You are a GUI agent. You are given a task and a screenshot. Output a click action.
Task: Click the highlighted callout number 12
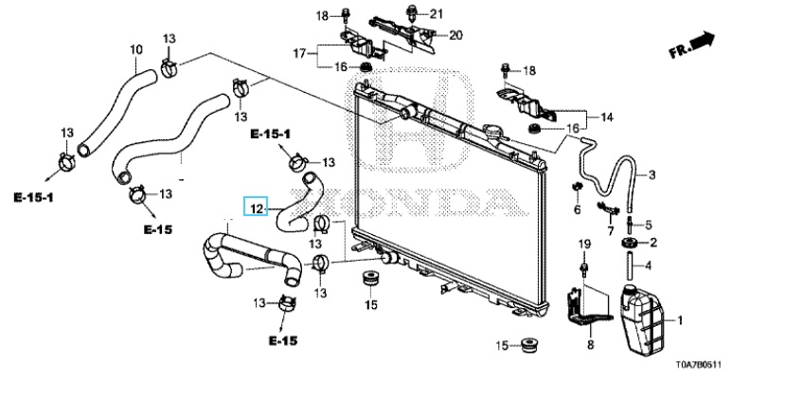click(x=256, y=206)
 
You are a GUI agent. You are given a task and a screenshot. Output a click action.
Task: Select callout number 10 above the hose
click(x=136, y=49)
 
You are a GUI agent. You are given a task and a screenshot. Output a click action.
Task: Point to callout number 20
click(x=455, y=35)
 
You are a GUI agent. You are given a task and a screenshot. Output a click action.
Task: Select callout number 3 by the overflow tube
click(x=651, y=175)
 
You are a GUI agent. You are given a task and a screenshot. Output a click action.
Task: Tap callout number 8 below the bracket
click(x=589, y=346)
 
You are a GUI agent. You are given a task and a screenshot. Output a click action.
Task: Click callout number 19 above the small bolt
click(x=584, y=245)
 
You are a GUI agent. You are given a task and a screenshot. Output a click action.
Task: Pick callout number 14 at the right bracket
click(x=608, y=117)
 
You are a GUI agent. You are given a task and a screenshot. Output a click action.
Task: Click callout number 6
click(x=577, y=209)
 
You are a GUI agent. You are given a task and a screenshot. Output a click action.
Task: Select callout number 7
click(x=611, y=230)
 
